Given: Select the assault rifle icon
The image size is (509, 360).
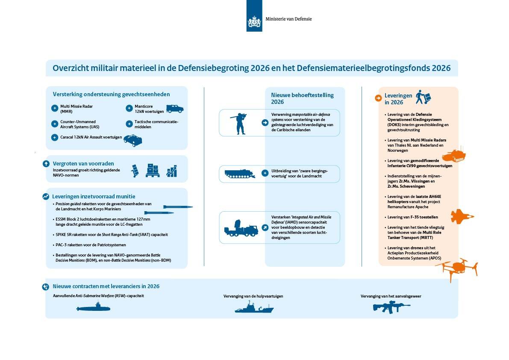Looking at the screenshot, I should (391, 307).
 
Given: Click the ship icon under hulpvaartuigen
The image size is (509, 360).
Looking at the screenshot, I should (254, 307).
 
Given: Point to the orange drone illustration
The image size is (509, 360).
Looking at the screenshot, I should (456, 268).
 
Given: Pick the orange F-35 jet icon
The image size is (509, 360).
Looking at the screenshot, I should (462, 216).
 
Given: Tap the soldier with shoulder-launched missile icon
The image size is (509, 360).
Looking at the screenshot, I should (239, 123).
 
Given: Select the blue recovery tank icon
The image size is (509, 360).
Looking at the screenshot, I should (240, 174).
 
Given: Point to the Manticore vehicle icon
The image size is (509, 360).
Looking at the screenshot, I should (174, 109).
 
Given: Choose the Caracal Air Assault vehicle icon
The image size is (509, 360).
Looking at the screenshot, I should (132, 140).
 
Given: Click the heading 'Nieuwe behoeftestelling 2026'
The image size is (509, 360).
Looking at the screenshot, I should (302, 98).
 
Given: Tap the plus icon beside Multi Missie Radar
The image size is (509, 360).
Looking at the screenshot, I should (54, 109).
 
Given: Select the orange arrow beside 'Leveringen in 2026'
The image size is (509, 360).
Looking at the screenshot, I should (378, 98).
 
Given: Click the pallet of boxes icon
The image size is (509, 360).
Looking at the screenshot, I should (153, 171).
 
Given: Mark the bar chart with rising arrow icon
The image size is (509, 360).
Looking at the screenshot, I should (171, 171).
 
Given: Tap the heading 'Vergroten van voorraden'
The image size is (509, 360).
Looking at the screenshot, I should (83, 163).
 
